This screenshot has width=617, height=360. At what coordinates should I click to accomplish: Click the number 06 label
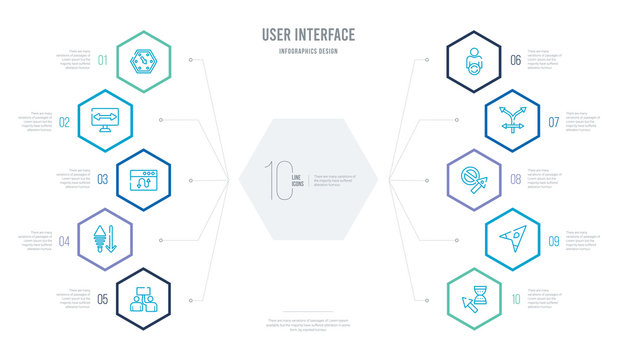point(514,61)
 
